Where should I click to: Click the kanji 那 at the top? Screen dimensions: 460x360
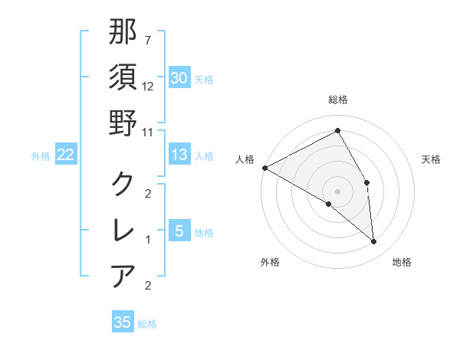(x=123, y=33)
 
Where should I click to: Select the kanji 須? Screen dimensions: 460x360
(x=123, y=77)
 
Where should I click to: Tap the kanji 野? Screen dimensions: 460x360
(x=123, y=123)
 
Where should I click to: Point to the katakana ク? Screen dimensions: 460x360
(x=123, y=184)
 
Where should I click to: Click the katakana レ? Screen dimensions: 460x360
(x=123, y=230)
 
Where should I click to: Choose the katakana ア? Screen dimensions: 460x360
(x=123, y=275)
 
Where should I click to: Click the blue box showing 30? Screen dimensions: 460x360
(x=179, y=78)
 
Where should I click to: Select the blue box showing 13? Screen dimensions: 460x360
(x=179, y=155)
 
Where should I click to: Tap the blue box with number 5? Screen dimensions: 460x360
(x=179, y=231)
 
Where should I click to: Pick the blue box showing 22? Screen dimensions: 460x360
(x=65, y=155)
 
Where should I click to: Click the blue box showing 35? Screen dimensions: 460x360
(x=123, y=322)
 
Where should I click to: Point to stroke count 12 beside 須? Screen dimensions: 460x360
(x=148, y=86)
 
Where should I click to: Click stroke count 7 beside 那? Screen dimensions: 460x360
(x=148, y=41)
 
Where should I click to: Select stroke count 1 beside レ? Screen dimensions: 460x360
(x=148, y=239)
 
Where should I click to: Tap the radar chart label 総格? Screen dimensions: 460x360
(x=337, y=100)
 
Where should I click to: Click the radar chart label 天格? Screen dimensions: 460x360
(x=432, y=159)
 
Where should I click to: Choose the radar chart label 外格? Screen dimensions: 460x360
(x=270, y=262)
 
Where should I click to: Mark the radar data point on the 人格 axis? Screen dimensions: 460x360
(x=264, y=168)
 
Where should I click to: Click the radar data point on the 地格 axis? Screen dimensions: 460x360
(x=373, y=241)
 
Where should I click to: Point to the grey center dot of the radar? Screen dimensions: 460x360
(x=337, y=191)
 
